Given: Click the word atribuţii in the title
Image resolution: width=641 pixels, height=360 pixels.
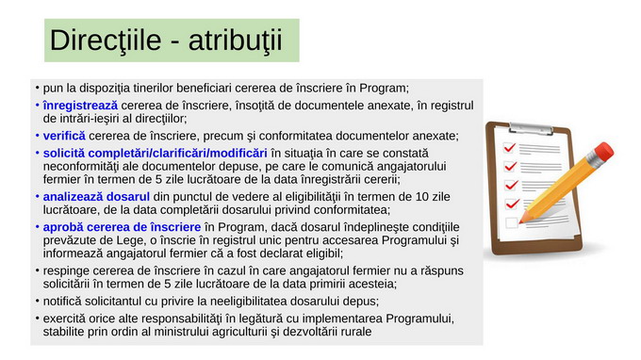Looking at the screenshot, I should (238, 41).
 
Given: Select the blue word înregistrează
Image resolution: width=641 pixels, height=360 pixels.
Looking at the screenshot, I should (83, 105).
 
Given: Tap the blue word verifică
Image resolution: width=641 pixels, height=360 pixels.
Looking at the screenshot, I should (64, 136).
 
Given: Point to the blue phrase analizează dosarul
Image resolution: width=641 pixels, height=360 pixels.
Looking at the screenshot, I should (95, 196).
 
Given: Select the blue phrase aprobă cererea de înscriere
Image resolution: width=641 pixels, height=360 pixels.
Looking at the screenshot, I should (122, 227).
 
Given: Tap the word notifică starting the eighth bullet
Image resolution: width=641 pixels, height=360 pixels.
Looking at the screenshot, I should (67, 302).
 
